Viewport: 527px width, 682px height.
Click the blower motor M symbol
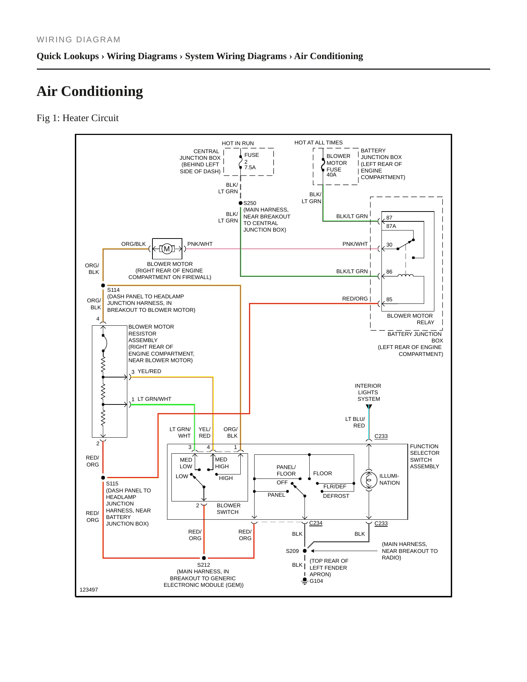(167, 249)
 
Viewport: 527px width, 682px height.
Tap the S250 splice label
(250, 203)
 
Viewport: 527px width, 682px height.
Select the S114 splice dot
(103, 286)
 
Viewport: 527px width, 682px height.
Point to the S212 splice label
(204, 565)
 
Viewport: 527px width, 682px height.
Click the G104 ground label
(316, 581)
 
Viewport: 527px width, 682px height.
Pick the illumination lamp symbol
(369, 480)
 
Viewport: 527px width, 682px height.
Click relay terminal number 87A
(391, 226)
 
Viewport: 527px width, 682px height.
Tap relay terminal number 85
(389, 299)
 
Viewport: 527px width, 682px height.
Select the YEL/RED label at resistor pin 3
(149, 371)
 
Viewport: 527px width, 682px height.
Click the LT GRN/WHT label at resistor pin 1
(154, 399)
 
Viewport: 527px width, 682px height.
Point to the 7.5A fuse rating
(250, 167)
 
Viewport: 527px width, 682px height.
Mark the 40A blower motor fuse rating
(331, 175)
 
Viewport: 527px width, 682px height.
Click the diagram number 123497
(89, 590)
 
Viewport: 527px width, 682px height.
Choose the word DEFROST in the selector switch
(336, 496)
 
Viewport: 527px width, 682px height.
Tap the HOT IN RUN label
(238, 143)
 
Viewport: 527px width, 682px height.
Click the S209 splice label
(292, 551)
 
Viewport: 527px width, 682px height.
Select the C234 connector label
(316, 523)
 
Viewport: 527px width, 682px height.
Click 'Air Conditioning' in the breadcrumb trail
(329, 56)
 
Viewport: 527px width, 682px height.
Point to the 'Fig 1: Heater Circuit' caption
(78, 118)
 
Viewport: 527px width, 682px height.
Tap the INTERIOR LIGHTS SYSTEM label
(368, 392)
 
